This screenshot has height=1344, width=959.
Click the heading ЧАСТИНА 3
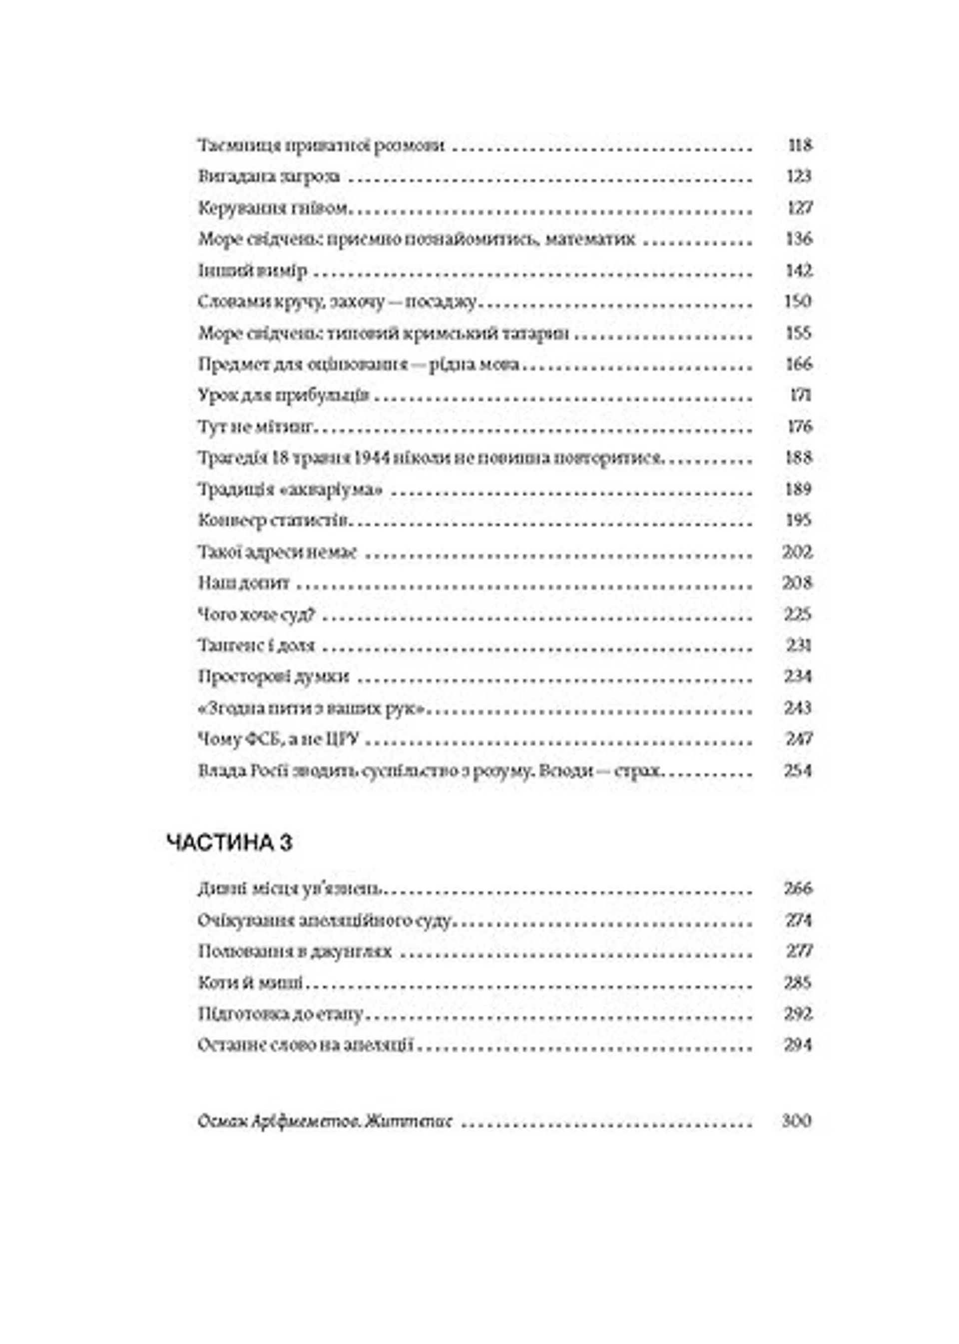click(x=230, y=843)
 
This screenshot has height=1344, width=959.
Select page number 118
click(x=800, y=145)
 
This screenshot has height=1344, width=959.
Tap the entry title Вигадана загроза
click(x=269, y=176)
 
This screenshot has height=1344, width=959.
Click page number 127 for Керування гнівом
click(x=800, y=207)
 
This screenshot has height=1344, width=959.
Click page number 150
click(x=798, y=301)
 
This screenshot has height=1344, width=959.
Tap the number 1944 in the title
click(x=373, y=458)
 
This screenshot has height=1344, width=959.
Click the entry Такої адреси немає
click(x=278, y=552)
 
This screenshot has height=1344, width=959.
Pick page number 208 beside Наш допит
click(x=797, y=583)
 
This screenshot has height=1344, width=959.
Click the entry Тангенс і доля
click(x=256, y=646)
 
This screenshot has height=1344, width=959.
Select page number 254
click(x=798, y=770)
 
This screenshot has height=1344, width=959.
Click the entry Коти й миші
click(x=251, y=983)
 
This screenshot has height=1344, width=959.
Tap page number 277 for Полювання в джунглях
click(x=800, y=951)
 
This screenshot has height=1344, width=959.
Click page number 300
click(x=797, y=1121)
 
